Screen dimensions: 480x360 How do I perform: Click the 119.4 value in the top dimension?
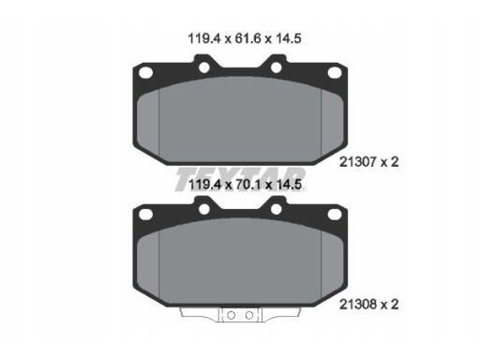pyautogui.click(x=204, y=38)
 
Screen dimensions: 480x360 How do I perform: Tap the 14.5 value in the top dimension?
pyautogui.click(x=288, y=38)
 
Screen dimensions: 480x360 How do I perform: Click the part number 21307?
pyautogui.click(x=357, y=162)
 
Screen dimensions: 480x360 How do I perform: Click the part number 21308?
pyautogui.click(x=357, y=304)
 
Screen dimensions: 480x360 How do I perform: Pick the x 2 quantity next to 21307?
pyautogui.click(x=390, y=162)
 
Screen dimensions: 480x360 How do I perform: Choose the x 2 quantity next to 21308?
pyautogui.click(x=390, y=304)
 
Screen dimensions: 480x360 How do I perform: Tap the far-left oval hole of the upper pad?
pyautogui.click(x=146, y=73)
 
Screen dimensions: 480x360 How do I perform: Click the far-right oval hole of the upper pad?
pyautogui.click(x=335, y=73)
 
